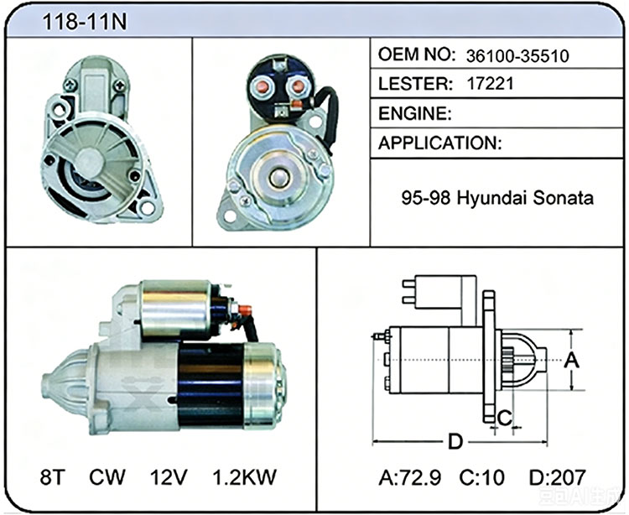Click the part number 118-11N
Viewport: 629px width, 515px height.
(x=84, y=22)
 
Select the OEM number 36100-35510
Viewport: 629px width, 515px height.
(x=517, y=56)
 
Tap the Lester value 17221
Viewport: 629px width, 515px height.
(x=490, y=84)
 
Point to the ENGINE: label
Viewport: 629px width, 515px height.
(x=415, y=113)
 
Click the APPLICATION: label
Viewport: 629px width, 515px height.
(x=440, y=143)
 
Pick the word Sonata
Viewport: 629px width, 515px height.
(x=564, y=198)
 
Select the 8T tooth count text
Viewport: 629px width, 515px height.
(x=53, y=477)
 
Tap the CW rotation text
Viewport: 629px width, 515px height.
(x=107, y=477)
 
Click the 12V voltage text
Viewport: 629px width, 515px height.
(x=169, y=477)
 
